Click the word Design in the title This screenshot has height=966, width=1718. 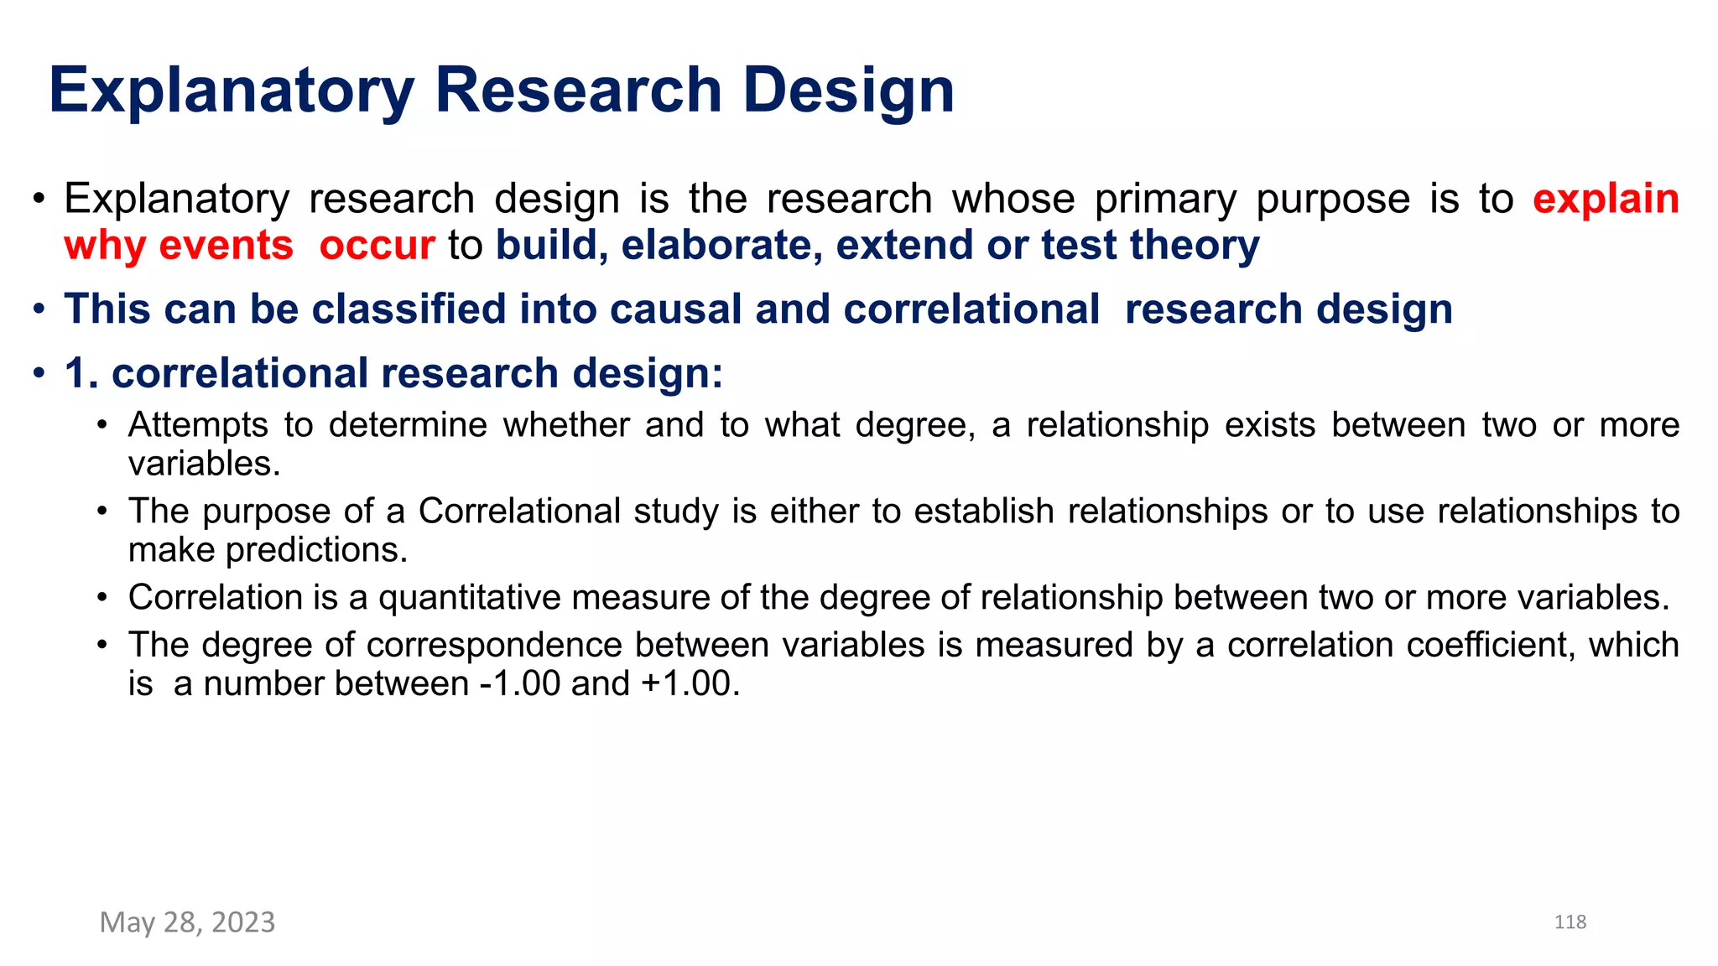click(x=848, y=91)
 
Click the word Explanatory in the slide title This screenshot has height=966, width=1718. click(x=232, y=91)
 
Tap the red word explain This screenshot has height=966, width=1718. click(x=1606, y=199)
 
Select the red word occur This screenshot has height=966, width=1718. click(x=377, y=245)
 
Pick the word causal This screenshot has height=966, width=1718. click(x=676, y=309)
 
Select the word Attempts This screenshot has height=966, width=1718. click(x=198, y=425)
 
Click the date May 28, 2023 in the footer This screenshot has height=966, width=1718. click(x=187, y=922)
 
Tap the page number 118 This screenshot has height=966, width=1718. click(x=1570, y=922)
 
